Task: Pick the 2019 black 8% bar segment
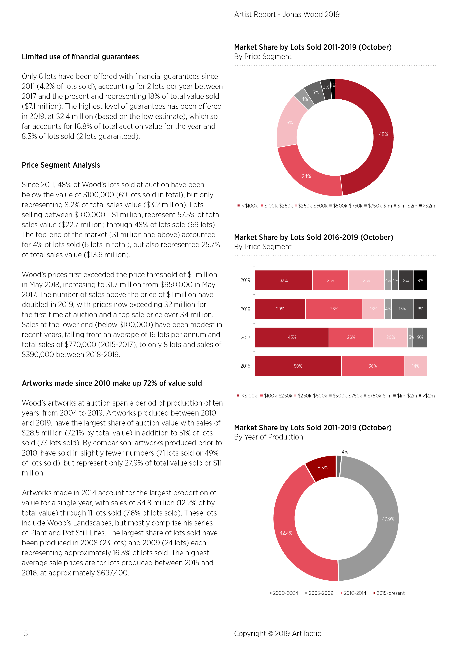click(420, 280)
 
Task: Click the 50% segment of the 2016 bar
click(298, 366)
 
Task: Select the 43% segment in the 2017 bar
click(292, 337)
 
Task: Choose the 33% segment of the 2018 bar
click(334, 309)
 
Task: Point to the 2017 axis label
click(245, 338)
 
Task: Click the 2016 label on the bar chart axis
click(245, 366)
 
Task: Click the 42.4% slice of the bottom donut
click(286, 533)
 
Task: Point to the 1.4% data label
click(343, 452)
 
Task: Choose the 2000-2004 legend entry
click(284, 593)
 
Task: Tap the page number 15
click(25, 634)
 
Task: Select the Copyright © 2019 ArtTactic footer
click(277, 634)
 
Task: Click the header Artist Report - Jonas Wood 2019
click(287, 14)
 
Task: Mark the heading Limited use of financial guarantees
click(80, 57)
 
